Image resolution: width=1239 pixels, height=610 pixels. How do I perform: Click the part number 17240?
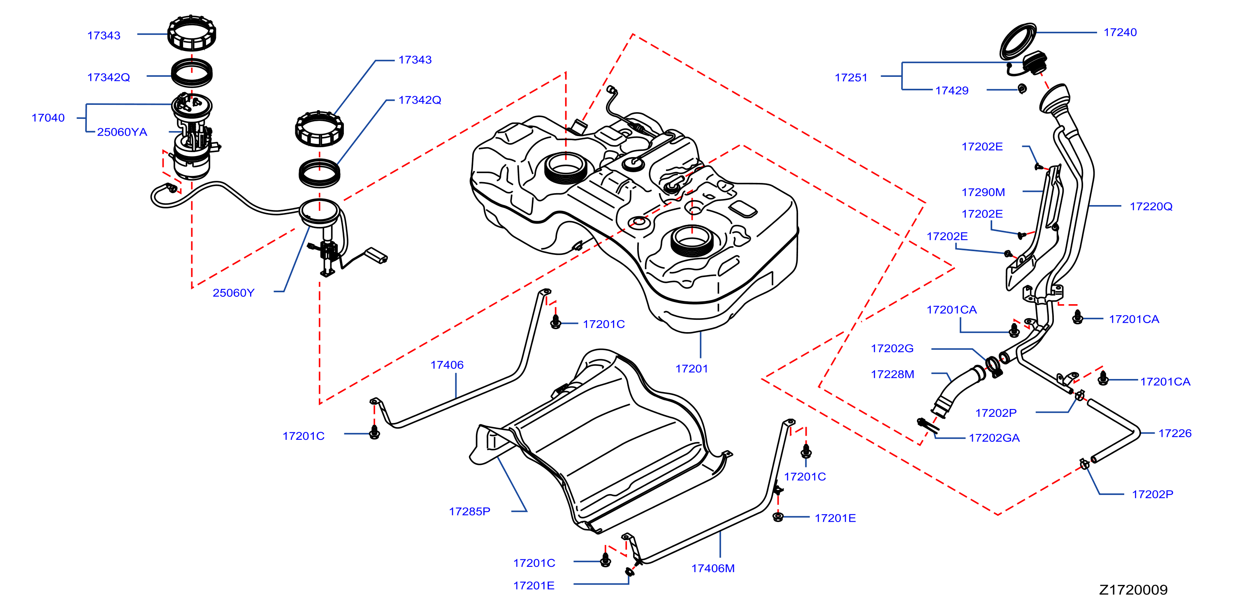(x=1120, y=32)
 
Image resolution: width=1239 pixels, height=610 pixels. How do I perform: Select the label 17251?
(x=851, y=77)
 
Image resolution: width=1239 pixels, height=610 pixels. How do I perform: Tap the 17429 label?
(x=951, y=90)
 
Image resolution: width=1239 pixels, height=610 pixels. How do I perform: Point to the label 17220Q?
(x=1151, y=206)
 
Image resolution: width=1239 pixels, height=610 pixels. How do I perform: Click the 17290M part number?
(x=983, y=192)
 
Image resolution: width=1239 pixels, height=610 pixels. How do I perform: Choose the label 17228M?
(x=892, y=374)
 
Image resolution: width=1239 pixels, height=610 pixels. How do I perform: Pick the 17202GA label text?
(x=994, y=438)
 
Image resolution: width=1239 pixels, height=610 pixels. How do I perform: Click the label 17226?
(x=1174, y=433)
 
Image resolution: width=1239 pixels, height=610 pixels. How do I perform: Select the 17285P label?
(x=469, y=511)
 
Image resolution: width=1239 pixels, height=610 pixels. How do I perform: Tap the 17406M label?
(x=713, y=568)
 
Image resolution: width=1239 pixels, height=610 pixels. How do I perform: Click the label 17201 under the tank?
(x=691, y=369)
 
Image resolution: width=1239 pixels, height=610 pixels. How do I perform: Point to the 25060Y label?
(x=233, y=293)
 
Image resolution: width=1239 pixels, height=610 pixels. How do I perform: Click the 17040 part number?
(x=48, y=118)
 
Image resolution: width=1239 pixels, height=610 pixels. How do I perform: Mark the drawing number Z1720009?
(x=1133, y=590)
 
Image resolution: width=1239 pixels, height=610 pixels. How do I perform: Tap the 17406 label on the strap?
(x=447, y=365)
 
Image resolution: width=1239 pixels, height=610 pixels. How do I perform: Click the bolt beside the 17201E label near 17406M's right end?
(x=778, y=517)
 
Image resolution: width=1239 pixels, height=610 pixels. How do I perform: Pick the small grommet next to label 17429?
(x=1023, y=88)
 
